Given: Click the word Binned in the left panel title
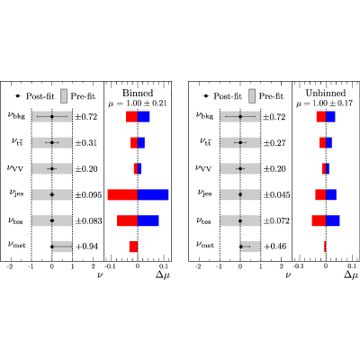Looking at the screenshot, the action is [138, 93].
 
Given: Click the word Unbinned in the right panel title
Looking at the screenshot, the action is [326, 93].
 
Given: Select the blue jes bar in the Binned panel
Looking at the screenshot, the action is [153, 194].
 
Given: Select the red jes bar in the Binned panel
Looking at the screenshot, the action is [122, 194].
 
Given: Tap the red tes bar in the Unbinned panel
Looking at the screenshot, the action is [319, 220].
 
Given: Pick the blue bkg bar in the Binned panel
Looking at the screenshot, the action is [144, 117].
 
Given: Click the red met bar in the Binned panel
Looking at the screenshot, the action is [133, 247].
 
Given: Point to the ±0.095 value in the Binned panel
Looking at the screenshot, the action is [88, 195].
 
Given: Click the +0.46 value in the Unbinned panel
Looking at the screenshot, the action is [275, 247].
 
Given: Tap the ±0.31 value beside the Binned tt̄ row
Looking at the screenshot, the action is [86, 143].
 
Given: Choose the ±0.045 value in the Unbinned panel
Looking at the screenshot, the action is [276, 195].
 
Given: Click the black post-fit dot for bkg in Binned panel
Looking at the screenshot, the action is [52, 117].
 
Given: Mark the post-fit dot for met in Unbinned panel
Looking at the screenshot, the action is [241, 247].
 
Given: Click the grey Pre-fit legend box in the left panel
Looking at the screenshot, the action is [64, 96].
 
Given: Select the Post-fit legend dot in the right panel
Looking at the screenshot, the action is [206, 96].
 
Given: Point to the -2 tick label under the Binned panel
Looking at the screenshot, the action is [10, 266].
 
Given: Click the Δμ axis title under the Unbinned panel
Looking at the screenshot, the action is [351, 274].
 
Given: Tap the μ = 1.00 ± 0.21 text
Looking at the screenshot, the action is [138, 103].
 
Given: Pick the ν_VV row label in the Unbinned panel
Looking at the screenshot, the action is [203, 167].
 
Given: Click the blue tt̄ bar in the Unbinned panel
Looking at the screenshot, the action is [329, 143].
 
